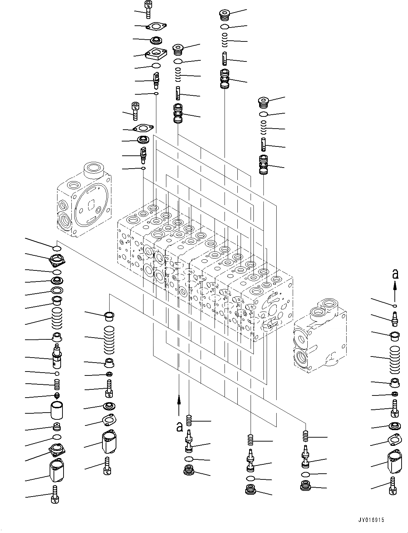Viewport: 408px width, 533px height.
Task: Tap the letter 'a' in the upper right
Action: tap(395, 274)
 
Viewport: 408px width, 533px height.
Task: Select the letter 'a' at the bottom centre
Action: tap(180, 426)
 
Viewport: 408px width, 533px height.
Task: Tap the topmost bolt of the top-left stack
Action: tap(147, 9)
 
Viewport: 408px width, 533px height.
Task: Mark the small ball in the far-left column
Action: tap(56, 373)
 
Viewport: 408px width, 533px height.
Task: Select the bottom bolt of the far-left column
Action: tap(55, 494)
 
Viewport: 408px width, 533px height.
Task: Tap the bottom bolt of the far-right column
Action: tap(393, 486)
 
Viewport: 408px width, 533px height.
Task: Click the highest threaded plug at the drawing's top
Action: tap(224, 15)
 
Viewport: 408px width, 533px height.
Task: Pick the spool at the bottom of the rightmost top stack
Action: tap(264, 165)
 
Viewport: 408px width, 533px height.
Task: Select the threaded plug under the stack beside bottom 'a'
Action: tap(188, 471)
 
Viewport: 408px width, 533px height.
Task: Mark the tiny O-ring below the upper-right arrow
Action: tap(394, 306)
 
